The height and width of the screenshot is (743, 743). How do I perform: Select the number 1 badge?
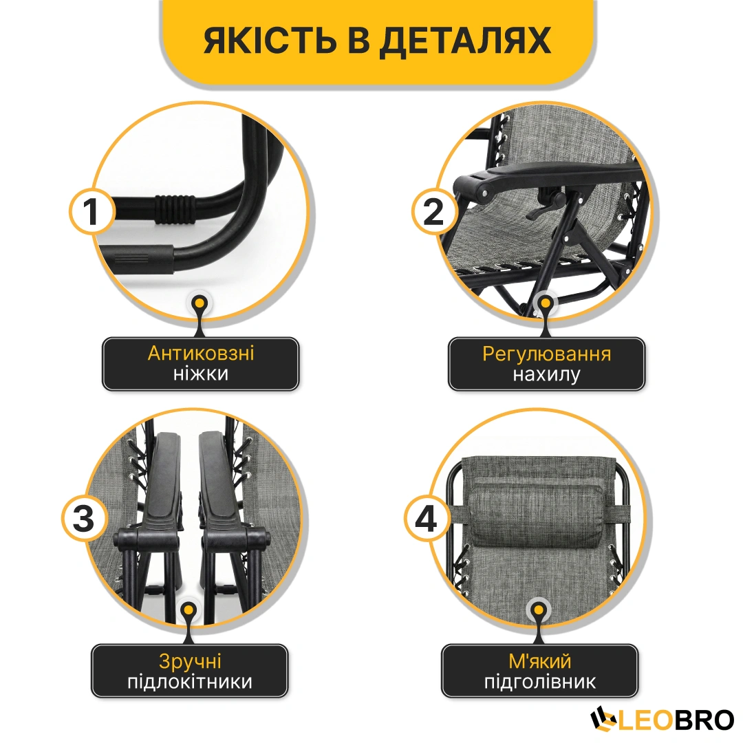pos(91,211)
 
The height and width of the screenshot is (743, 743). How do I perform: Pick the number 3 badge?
pos(84,519)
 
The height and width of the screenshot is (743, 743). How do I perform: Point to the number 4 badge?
pos(426,519)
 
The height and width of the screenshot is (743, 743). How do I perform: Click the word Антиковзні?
pos(201,353)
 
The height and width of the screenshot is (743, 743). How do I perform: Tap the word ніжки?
pos(201,374)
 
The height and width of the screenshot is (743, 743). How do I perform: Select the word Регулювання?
pos(546,354)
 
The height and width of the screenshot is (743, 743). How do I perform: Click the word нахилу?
pos(546,375)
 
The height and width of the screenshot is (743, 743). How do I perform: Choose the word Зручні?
pos(190,662)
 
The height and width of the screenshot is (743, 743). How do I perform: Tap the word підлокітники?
pos(190,682)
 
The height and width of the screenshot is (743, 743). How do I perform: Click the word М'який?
pos(540,661)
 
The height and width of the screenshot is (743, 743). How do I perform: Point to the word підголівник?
pos(540,682)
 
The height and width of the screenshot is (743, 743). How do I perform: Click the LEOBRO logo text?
pos(662,720)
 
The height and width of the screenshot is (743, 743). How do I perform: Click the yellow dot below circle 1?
pos(200,303)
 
